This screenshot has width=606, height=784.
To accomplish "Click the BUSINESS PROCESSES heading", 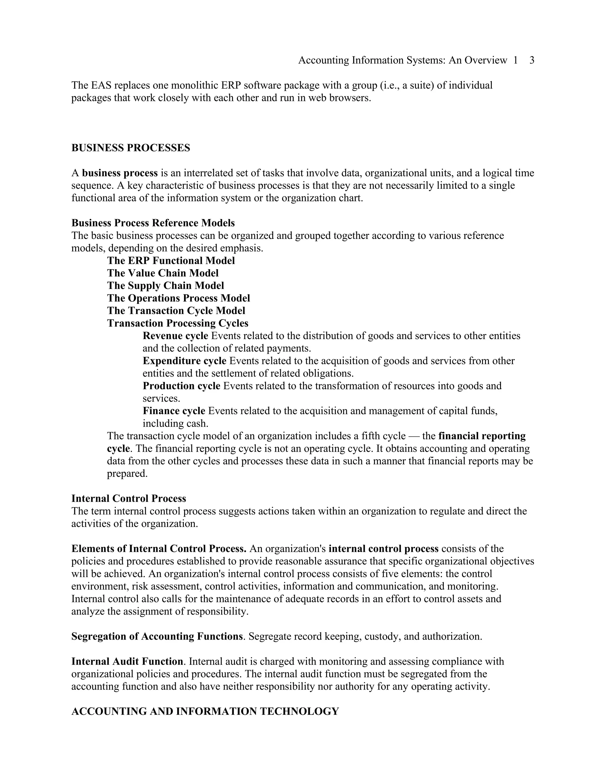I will [x=131, y=148].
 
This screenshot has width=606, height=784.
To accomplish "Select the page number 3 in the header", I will [x=532, y=60].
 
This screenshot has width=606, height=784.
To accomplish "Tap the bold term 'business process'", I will [x=120, y=173].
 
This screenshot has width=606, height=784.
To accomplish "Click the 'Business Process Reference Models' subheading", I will [x=153, y=223].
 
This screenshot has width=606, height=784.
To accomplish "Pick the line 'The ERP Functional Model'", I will [x=171, y=261].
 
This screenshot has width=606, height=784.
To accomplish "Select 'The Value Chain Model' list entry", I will [x=163, y=273].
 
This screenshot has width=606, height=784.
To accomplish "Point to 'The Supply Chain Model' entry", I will [x=165, y=286].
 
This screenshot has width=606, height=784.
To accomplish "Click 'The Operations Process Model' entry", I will [x=178, y=298].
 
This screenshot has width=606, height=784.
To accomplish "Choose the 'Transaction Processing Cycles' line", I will [x=178, y=323].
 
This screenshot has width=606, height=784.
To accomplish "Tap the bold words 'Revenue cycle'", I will [x=175, y=336].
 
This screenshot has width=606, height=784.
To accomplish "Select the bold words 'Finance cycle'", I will [x=174, y=411].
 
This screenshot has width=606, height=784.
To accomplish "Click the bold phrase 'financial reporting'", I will [x=482, y=436].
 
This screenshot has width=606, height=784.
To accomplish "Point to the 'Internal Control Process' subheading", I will [x=128, y=499].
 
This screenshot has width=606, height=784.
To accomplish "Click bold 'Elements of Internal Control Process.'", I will [x=159, y=549].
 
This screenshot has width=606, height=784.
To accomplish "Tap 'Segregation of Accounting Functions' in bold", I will [x=157, y=636].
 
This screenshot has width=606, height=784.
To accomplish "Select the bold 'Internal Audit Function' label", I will [x=127, y=662].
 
